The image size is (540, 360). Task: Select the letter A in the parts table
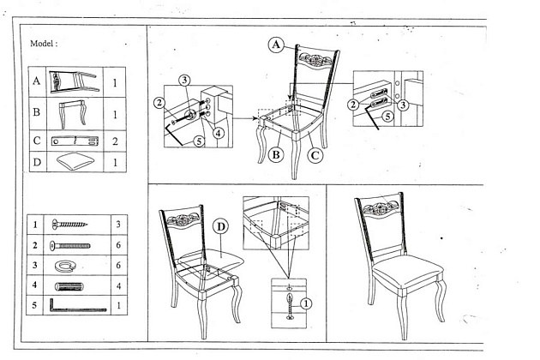pyautogui.click(x=37, y=83)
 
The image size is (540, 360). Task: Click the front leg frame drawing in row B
pyautogui.click(x=75, y=112)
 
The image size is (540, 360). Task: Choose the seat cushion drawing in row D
pyautogui.click(x=75, y=160)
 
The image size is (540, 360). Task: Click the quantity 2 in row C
pyautogui.click(x=116, y=140)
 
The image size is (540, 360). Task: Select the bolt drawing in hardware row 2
pyautogui.click(x=70, y=245)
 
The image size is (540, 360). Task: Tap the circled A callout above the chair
pyautogui.click(x=275, y=45)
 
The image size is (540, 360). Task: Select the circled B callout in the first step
pyautogui.click(x=276, y=154)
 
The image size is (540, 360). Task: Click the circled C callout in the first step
pyautogui.click(x=315, y=154)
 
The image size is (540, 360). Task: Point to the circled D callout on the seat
pyautogui.click(x=219, y=228)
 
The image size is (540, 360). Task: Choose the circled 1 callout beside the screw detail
pyautogui.click(x=307, y=302)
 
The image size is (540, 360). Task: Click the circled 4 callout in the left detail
pyautogui.click(x=219, y=133)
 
